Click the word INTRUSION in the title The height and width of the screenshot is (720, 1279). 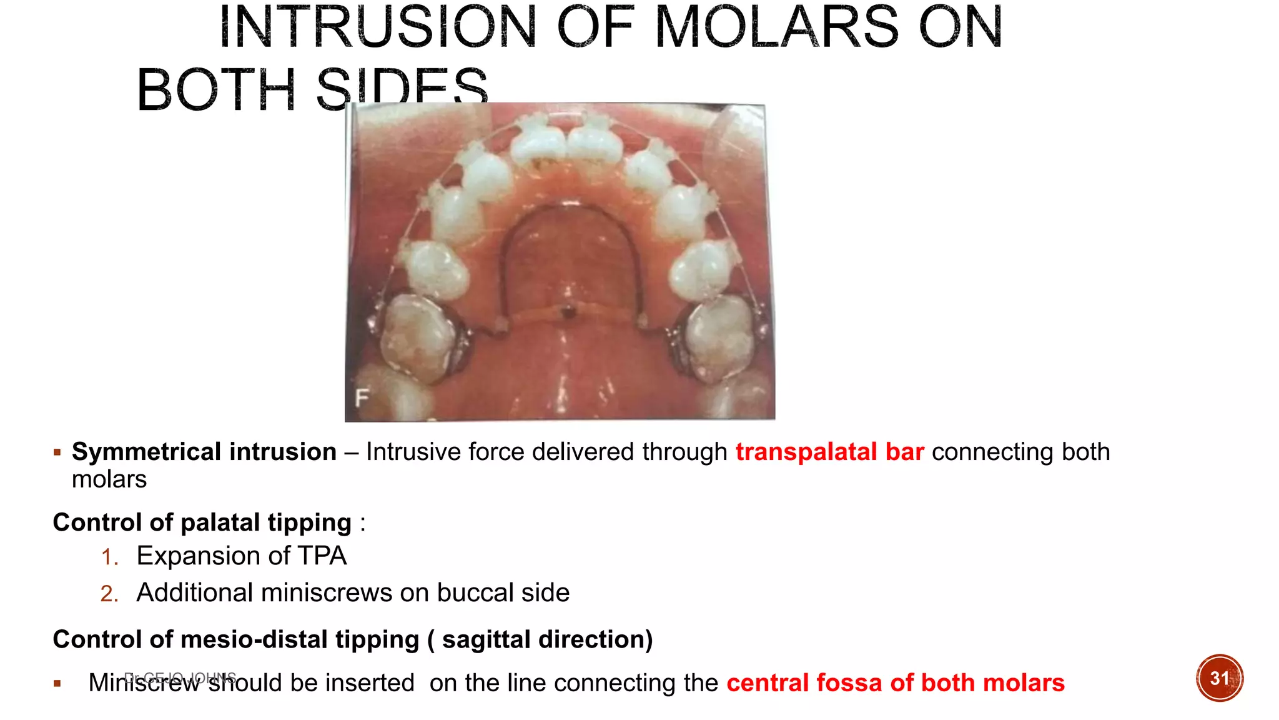pyautogui.click(x=378, y=27)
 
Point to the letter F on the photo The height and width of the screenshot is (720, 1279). pyautogui.click(x=362, y=397)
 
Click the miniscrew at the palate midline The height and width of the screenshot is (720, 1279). pyautogui.click(x=568, y=311)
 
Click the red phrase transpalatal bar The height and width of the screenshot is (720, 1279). pyautogui.click(x=829, y=452)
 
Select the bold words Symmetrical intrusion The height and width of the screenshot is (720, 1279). pyautogui.click(x=204, y=452)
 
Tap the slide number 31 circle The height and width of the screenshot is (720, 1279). pyautogui.click(x=1220, y=678)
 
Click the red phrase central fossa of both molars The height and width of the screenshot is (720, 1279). pyautogui.click(x=896, y=682)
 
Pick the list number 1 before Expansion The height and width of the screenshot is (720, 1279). pyautogui.click(x=109, y=557)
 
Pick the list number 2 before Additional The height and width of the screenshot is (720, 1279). pyautogui.click(x=109, y=594)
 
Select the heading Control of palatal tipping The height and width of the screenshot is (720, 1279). pyautogui.click(x=202, y=522)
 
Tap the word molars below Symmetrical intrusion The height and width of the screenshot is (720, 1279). pyautogui.click(x=109, y=479)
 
